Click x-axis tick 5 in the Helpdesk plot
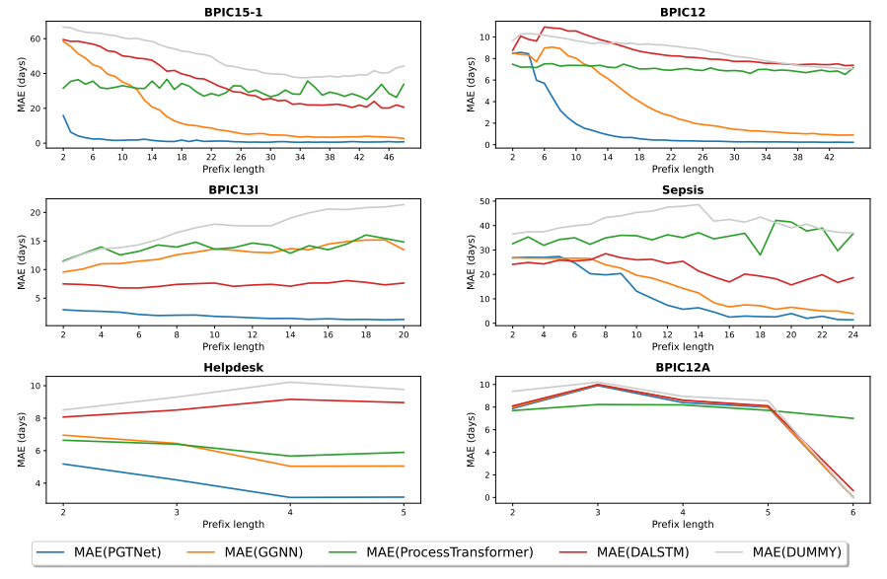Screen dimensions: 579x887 pos(404,510)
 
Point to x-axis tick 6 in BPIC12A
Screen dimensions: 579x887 pos(852,510)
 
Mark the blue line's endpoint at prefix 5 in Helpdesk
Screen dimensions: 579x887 pos(404,497)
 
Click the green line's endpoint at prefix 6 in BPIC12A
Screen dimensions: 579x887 pos(852,418)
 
